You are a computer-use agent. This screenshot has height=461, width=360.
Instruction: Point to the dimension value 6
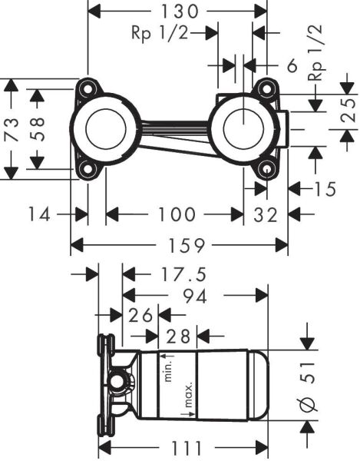pos(292,67)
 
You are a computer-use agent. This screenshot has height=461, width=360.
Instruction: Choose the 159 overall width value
pos(179,246)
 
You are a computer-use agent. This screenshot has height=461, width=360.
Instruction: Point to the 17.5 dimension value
pos(167,274)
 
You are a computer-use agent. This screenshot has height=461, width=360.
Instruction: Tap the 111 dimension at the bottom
pos(182,447)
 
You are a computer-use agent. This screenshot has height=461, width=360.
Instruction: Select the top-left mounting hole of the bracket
pos(88,88)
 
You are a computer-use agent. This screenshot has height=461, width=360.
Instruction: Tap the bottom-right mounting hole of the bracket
pos(266,170)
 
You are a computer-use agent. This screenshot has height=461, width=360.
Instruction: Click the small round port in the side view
pos(118,382)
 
